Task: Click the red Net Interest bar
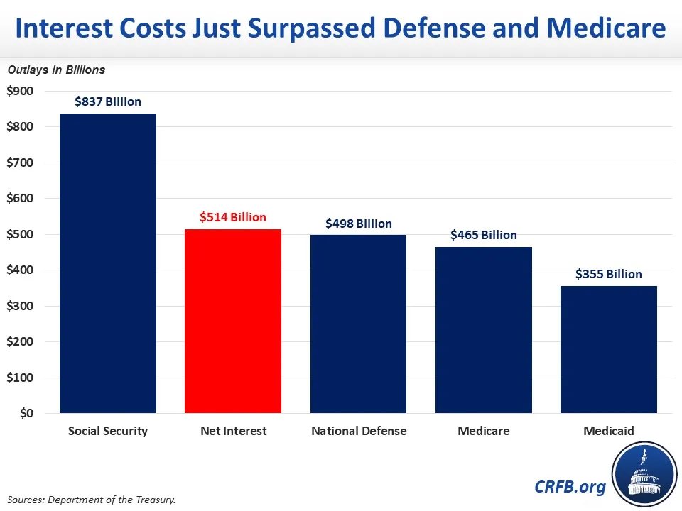[233, 321]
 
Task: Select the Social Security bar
[108, 263]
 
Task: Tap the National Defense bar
[358, 324]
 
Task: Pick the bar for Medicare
[484, 329]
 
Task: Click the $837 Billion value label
[108, 101]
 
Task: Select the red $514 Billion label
[233, 217]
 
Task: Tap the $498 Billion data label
[358, 224]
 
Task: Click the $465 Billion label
[484, 235]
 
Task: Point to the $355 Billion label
[609, 274]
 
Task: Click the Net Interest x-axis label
[233, 431]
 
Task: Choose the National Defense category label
[359, 431]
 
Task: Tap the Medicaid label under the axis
[609, 431]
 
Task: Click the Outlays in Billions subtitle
[56, 70]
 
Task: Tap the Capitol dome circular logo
[644, 474]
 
